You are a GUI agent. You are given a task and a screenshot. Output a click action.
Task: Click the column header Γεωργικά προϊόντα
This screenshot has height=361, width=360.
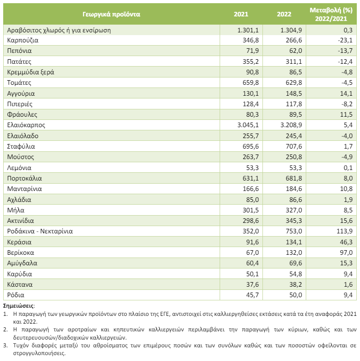pyautogui.click(x=111, y=14)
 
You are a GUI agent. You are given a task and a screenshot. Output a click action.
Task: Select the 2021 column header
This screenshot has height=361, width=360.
pyautogui.click(x=241, y=14)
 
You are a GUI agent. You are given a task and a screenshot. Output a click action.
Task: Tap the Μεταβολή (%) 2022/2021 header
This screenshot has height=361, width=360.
pyautogui.click(x=331, y=14)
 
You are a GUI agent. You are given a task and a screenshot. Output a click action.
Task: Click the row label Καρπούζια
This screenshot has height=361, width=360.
pyautogui.click(x=23, y=41)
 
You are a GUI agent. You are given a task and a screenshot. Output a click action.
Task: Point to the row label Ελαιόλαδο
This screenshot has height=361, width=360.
pyautogui.click(x=23, y=136)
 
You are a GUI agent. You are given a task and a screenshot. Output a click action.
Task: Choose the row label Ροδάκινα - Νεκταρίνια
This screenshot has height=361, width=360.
pyautogui.click(x=40, y=231)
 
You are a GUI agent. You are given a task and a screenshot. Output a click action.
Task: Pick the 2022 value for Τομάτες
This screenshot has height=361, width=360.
pyautogui.click(x=294, y=83)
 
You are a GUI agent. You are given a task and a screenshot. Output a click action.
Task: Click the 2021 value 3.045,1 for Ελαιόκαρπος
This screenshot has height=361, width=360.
pyautogui.click(x=248, y=125)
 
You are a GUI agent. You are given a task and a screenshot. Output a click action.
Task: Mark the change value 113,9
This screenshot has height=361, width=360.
pyautogui.click(x=345, y=231)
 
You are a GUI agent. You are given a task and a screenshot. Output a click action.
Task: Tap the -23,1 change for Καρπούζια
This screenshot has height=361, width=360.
pyautogui.click(x=345, y=40)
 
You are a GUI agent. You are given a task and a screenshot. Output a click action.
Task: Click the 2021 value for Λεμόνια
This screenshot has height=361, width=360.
pyautogui.click(x=252, y=168)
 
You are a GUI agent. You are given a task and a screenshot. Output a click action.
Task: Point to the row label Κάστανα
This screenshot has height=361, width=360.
pyautogui.click(x=20, y=284)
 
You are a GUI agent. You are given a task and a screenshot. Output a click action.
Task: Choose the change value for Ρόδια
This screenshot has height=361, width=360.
pyautogui.click(x=348, y=295)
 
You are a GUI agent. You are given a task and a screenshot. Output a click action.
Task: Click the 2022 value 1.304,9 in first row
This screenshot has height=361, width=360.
pyautogui.click(x=291, y=30)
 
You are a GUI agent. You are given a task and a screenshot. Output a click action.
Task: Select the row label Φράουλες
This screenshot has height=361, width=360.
pyautogui.click(x=22, y=114)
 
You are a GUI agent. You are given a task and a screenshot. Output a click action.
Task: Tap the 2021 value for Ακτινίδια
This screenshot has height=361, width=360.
pyautogui.click(x=251, y=221)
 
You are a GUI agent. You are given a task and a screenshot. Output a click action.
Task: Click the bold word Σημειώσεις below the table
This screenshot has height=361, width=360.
pyautogui.click(x=18, y=306)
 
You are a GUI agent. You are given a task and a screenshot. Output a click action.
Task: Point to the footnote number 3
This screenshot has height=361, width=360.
pyautogui.click(x=5, y=346)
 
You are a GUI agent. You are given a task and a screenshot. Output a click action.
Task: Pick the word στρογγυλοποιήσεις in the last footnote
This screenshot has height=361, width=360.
pyautogui.click(x=39, y=353)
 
